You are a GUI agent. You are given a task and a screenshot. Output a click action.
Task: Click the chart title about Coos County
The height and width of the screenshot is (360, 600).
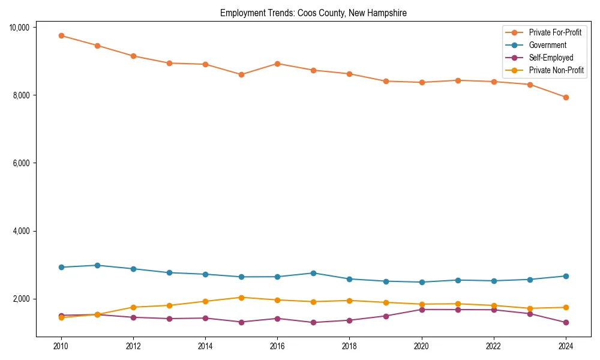313,13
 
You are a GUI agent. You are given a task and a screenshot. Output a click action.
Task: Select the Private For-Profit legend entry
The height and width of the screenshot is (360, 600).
555,32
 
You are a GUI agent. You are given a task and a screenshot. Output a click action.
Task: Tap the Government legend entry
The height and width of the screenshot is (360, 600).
547,45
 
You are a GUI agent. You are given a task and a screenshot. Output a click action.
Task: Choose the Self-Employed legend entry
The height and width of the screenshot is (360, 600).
551,58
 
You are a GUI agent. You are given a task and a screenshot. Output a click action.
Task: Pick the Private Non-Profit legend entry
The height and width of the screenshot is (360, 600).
556,70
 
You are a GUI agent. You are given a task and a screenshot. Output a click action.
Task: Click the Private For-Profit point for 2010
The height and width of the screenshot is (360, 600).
61,35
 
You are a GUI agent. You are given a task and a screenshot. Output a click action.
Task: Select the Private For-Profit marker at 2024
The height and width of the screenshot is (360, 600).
566,97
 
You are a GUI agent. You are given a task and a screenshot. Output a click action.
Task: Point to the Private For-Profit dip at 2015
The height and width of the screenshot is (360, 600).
241,74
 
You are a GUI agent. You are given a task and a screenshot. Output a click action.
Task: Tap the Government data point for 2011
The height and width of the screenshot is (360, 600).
97,265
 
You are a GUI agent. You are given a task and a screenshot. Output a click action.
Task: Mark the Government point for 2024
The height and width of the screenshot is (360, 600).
566,276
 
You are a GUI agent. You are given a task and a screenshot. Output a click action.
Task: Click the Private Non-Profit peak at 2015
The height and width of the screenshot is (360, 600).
241,298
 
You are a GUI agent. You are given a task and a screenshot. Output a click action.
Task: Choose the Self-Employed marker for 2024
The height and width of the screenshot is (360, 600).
566,322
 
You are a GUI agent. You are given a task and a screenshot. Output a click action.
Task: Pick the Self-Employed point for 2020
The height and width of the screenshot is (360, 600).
422,310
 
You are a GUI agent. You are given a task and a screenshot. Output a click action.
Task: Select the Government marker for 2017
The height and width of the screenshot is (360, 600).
313,273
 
